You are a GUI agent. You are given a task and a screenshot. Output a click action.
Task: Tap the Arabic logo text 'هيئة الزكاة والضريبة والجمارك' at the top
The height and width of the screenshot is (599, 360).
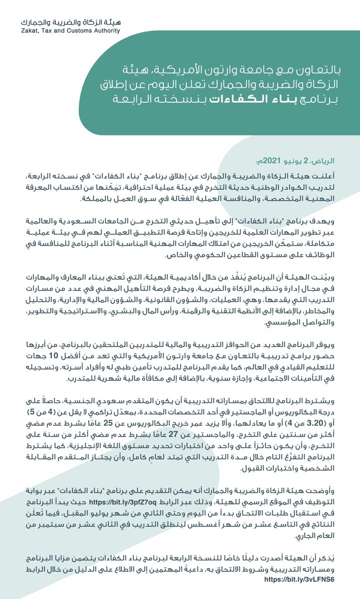(x=70, y=22)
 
